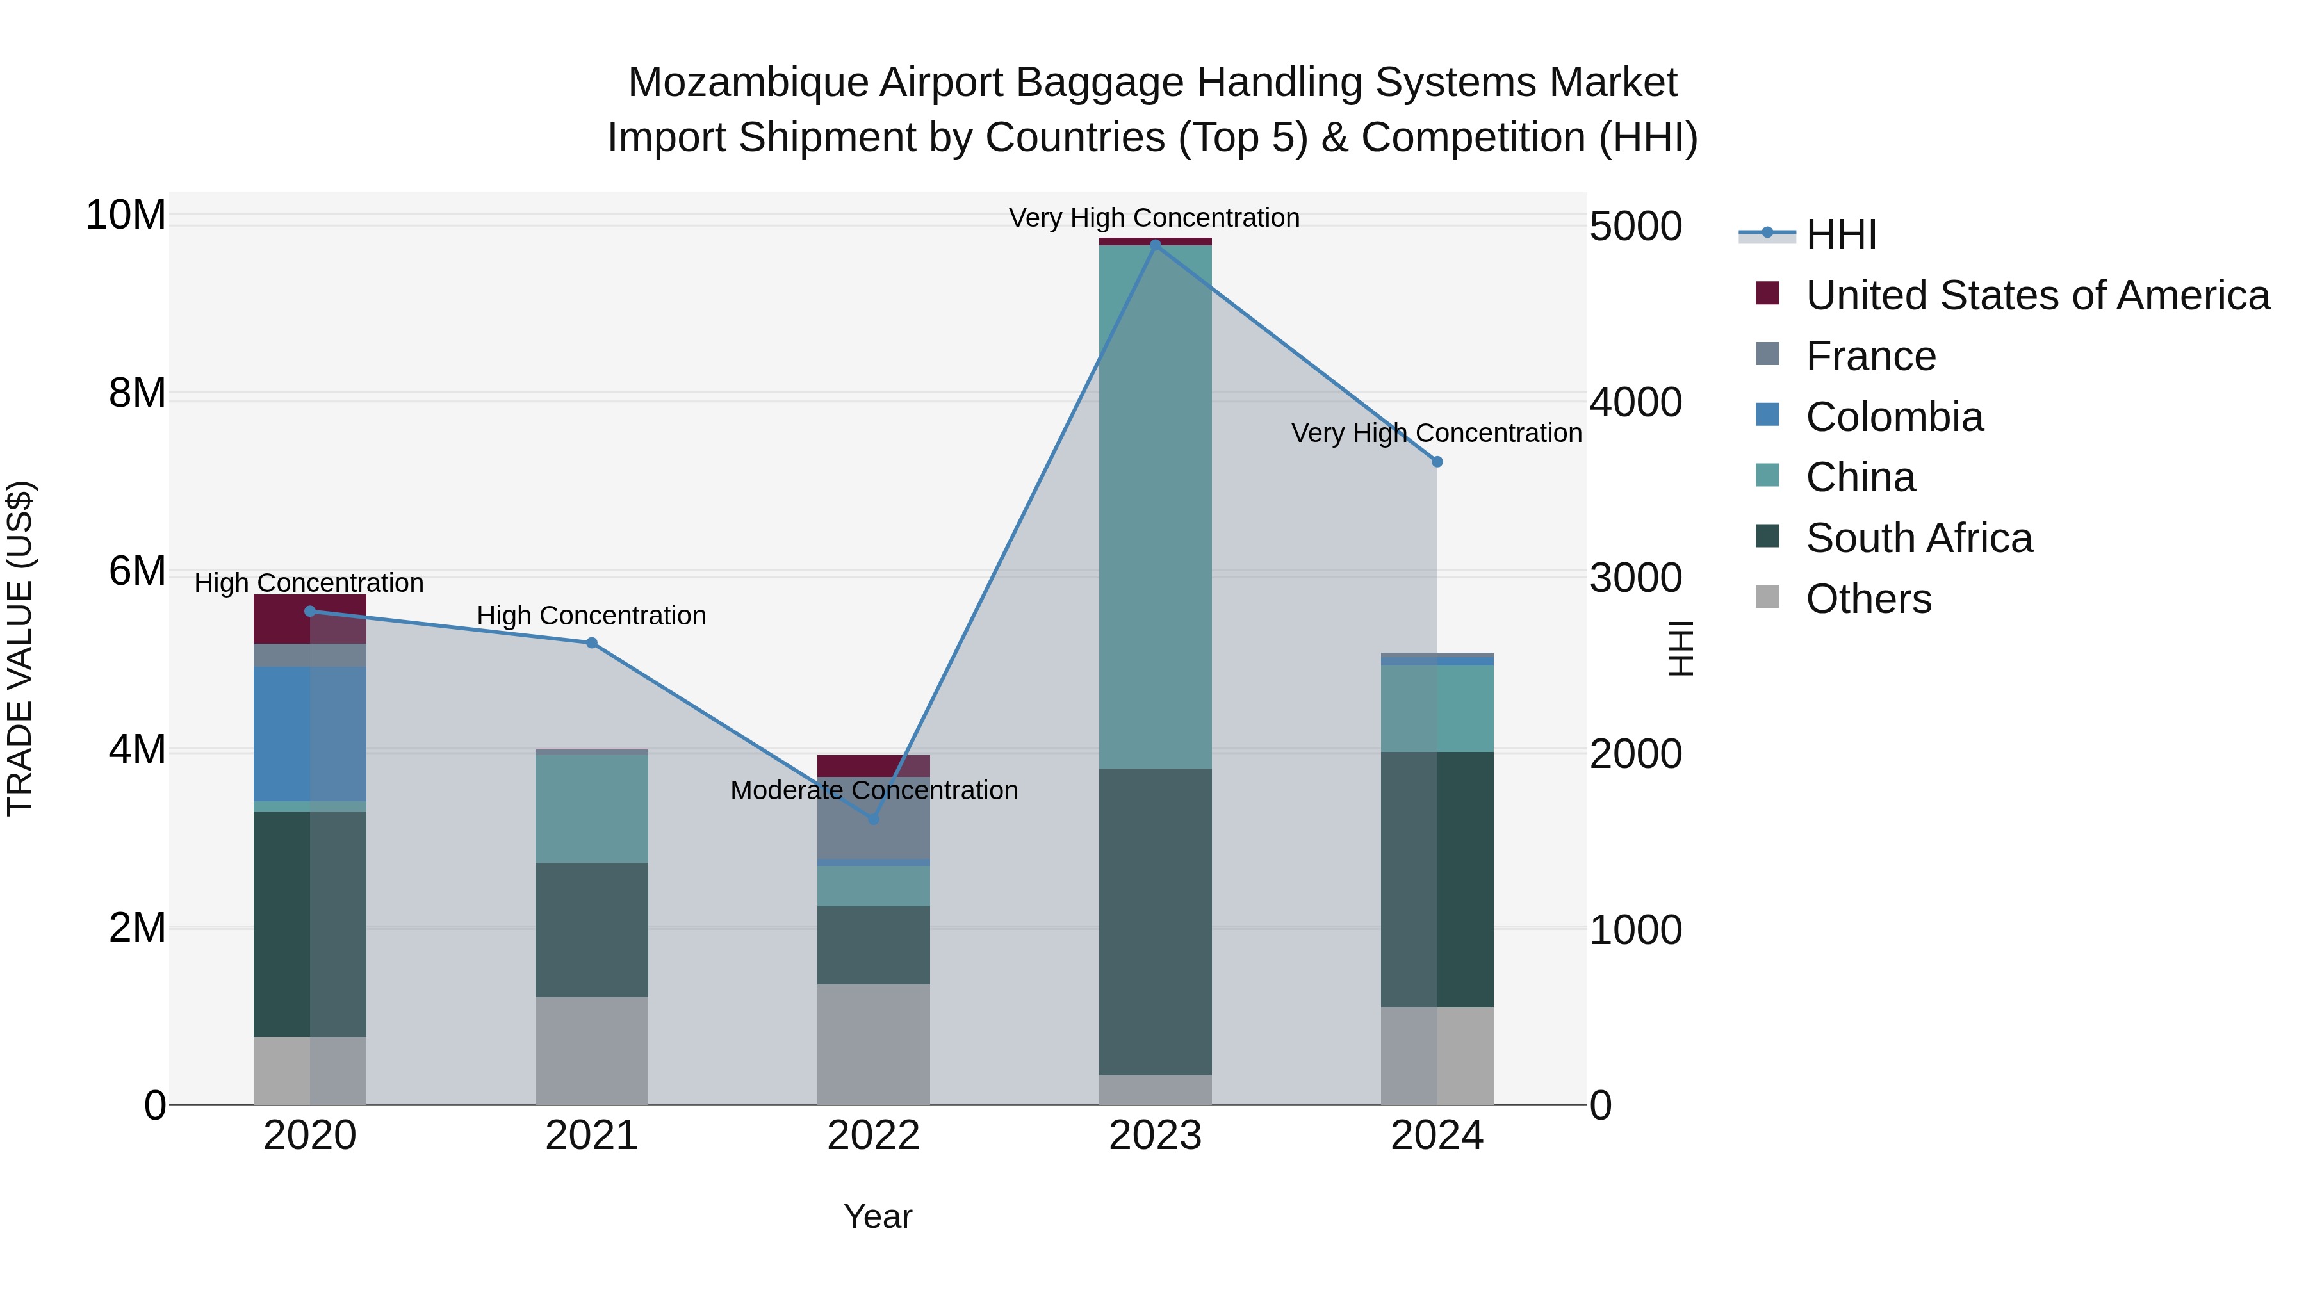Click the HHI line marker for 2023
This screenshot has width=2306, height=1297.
pos(1155,245)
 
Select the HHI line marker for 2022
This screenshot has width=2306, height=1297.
pos(874,818)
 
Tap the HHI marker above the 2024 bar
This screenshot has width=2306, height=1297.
pos(1437,462)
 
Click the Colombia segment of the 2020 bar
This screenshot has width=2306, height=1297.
pos(310,733)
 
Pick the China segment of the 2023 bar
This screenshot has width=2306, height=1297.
pos(1155,506)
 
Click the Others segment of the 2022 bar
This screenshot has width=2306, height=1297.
pos(873,1044)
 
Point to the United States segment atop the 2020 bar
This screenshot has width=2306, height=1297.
pos(310,619)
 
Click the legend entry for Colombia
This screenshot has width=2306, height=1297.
pos(1893,417)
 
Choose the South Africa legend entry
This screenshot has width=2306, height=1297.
pos(1918,538)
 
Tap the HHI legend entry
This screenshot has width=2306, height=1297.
pos(1840,234)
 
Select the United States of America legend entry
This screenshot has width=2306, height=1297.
pos(2036,295)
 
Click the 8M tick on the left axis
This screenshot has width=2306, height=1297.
pos(137,393)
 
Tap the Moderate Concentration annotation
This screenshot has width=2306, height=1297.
pos(874,790)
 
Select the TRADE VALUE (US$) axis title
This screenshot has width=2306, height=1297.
pos(20,648)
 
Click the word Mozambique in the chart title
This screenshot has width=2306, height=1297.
pos(748,83)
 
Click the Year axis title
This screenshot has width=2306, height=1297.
pos(878,1216)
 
